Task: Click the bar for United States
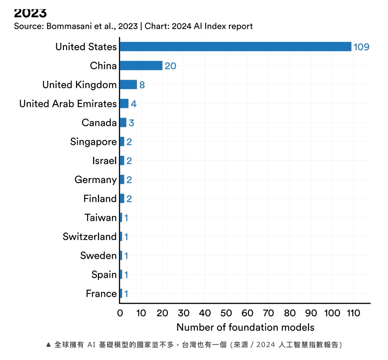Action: tap(236, 47)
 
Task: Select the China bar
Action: tap(141, 66)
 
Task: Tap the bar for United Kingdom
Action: tap(128, 85)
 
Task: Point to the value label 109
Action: tap(361, 47)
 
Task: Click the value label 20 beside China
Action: tap(170, 66)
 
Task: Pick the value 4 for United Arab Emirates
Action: tap(134, 104)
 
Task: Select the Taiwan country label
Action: tap(101, 218)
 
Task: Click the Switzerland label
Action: tap(90, 237)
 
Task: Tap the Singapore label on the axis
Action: tap(93, 142)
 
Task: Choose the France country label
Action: tap(101, 294)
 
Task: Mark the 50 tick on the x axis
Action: tap(226, 313)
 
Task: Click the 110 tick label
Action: tap(353, 313)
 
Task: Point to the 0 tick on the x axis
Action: tap(120, 313)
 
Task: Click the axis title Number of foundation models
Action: tap(245, 327)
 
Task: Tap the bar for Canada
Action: tap(123, 122)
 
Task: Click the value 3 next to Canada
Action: tap(132, 123)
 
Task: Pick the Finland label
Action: tap(100, 199)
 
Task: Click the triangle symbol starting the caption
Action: tap(48, 345)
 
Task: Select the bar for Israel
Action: tap(122, 161)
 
